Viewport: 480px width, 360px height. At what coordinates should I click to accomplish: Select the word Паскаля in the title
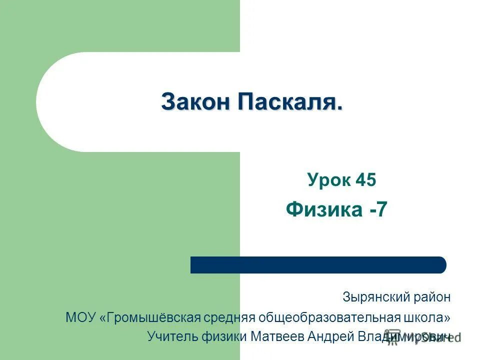coord(290,102)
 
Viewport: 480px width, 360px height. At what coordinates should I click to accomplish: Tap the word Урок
coord(328,180)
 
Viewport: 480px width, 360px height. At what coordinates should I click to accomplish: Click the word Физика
coord(324,209)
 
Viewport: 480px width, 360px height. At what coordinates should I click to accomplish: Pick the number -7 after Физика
coord(378,209)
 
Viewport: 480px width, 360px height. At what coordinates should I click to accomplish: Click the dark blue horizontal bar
coord(318,264)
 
